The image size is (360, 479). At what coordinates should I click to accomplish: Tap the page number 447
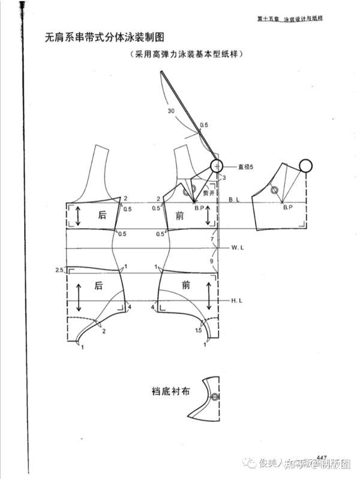[x=321, y=454]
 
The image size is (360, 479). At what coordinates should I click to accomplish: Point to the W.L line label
[x=238, y=247]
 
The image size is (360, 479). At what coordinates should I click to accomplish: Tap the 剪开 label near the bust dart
[x=209, y=193]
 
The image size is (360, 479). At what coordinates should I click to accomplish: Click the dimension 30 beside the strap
[x=171, y=111]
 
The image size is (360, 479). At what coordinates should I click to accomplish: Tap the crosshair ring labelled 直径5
[x=216, y=166]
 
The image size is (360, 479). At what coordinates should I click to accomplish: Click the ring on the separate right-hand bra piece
[x=305, y=165]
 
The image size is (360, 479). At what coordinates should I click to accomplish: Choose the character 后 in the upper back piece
[x=102, y=215]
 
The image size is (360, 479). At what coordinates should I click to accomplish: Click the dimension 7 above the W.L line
[x=212, y=240]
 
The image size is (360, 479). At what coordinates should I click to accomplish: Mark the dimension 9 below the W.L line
[x=212, y=261]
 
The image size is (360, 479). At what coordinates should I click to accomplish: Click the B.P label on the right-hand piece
[x=287, y=207]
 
